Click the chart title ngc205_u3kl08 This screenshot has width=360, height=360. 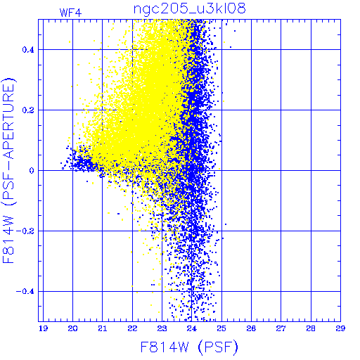(x=189, y=9)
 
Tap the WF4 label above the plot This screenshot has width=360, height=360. (x=70, y=13)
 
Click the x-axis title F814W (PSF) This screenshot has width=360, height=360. (x=189, y=347)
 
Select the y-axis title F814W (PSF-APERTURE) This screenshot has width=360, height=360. (x=8, y=170)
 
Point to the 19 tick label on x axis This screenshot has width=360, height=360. (x=44, y=328)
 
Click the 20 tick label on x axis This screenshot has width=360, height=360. (x=72, y=328)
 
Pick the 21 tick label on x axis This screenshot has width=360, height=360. (x=103, y=328)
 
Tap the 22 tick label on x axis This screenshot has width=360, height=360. (x=132, y=328)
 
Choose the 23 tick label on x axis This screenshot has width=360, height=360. (x=162, y=328)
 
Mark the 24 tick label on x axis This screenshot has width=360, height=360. (x=192, y=328)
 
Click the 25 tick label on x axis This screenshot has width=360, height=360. (x=221, y=328)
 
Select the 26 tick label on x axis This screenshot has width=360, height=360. (x=251, y=328)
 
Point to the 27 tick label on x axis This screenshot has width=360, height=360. (x=281, y=328)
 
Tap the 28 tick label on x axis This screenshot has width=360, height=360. (x=311, y=328)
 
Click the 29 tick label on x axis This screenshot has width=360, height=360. (x=340, y=328)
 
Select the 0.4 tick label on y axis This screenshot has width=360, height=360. (x=28, y=50)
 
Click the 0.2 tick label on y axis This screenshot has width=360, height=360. (x=28, y=110)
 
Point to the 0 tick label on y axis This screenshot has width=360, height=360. (x=32, y=171)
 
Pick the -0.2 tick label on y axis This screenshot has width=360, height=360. (x=25, y=231)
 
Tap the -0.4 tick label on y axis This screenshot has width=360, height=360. (x=25, y=292)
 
